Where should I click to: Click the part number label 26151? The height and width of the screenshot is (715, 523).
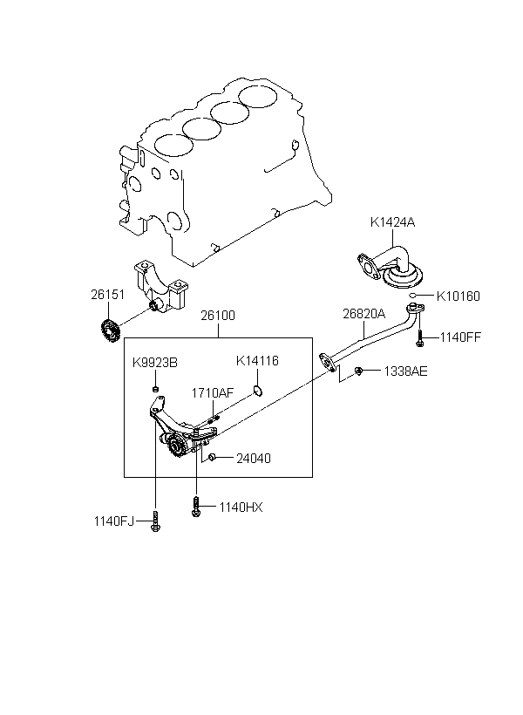pyautogui.click(x=107, y=295)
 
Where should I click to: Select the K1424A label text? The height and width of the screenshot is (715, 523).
pyautogui.click(x=392, y=222)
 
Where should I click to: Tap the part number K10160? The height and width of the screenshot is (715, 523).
pyautogui.click(x=458, y=296)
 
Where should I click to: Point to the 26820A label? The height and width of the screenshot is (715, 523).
pyautogui.click(x=363, y=314)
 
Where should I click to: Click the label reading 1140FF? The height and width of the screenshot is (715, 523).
pyautogui.click(x=460, y=337)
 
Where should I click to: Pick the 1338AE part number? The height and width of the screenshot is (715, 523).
pyautogui.click(x=405, y=371)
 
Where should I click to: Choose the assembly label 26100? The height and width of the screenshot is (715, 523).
pyautogui.click(x=218, y=316)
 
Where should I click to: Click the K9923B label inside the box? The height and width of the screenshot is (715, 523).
pyautogui.click(x=155, y=363)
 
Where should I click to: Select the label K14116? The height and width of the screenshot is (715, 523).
pyautogui.click(x=257, y=361)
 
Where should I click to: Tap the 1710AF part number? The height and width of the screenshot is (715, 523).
pyautogui.click(x=213, y=393)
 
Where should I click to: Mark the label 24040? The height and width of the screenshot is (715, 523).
pyautogui.click(x=254, y=458)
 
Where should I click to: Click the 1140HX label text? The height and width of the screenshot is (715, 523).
pyautogui.click(x=241, y=507)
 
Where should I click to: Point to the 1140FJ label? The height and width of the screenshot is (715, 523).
pyautogui.click(x=114, y=521)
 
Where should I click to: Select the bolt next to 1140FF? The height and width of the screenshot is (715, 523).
pyautogui.click(x=419, y=338)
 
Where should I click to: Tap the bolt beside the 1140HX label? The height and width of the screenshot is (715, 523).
pyautogui.click(x=196, y=507)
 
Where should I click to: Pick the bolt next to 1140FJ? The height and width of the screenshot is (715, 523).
pyautogui.click(x=155, y=521)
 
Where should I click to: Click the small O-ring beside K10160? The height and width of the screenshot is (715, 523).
pyautogui.click(x=411, y=296)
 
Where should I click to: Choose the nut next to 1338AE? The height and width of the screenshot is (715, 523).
pyautogui.click(x=358, y=371)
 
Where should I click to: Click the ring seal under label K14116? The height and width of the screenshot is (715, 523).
pyautogui.click(x=258, y=391)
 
